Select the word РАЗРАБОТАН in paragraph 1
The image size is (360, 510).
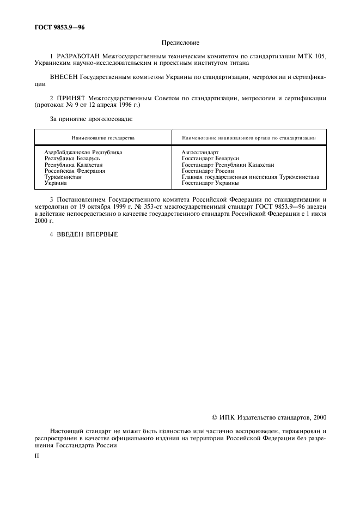[80, 56]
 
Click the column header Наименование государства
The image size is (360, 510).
[103, 138]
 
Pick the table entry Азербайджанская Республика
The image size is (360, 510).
[83, 153]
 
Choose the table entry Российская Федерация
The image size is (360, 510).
[75, 171]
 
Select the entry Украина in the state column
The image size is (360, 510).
[56, 183]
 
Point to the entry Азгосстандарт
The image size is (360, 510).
[200, 153]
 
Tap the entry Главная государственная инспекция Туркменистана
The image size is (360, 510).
[250, 177]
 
